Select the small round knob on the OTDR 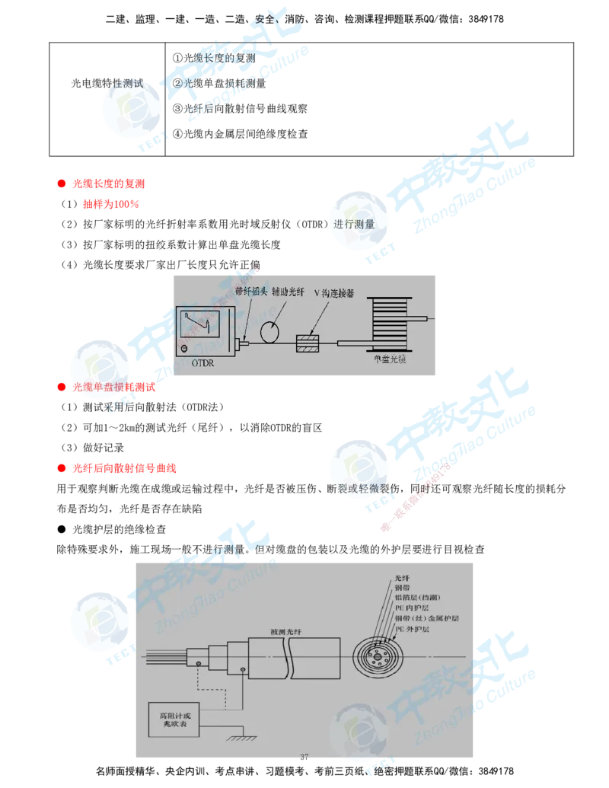[x=183, y=349]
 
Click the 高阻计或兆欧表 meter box [x=174, y=720]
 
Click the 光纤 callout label [x=402, y=579]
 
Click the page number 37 [x=304, y=757]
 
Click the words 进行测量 [x=355, y=224]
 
